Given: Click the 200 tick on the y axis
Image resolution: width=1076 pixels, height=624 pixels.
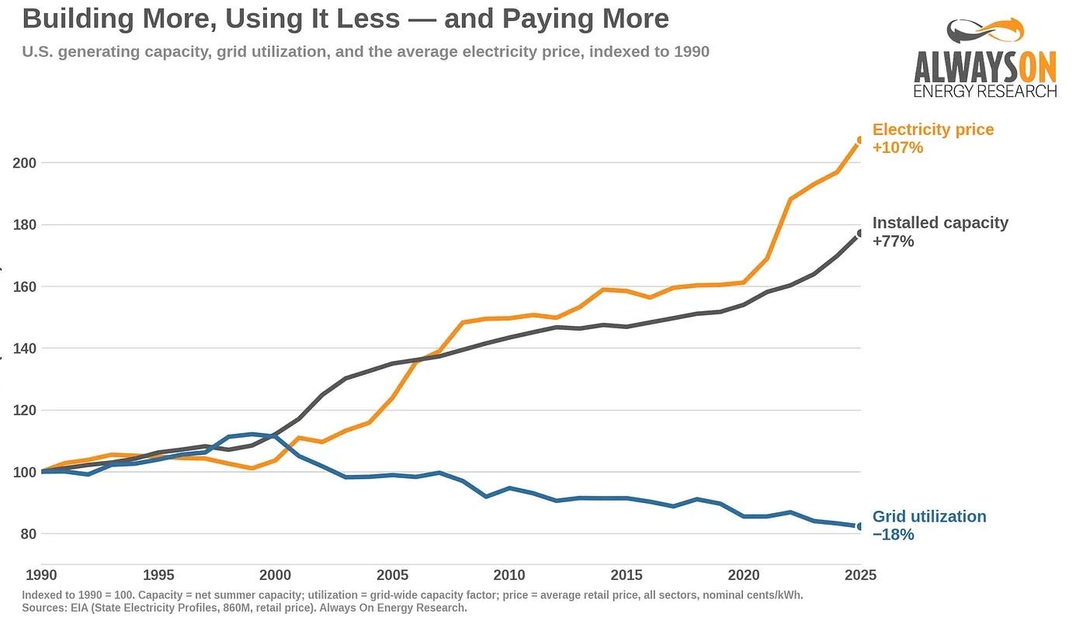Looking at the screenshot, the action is pos(25,163).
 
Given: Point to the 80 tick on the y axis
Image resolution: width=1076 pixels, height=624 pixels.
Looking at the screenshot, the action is pos(29,534).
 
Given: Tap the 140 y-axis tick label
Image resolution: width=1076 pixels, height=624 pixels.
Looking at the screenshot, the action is pos(25,348).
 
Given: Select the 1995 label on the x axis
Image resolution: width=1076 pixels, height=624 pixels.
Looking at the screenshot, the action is pos(158,574).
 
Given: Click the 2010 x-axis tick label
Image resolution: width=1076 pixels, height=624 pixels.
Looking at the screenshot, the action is pos(509,574).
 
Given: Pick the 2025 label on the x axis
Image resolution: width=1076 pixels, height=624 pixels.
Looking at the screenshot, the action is pos(860,574).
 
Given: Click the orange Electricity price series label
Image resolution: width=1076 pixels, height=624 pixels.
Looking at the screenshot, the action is pos(933,129).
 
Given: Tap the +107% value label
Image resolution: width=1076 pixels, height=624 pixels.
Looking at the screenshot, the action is pos(897,147).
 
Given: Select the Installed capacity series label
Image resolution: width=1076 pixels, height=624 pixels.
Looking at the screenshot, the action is pos(940,223).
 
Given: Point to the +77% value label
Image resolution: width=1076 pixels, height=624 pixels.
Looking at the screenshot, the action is pos(893,241).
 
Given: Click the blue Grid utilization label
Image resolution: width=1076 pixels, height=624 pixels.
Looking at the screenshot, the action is pos(929,516).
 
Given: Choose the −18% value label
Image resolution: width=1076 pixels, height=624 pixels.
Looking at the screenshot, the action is pos(893,535).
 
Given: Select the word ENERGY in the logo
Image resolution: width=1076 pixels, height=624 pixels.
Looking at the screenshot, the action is pos(942,91).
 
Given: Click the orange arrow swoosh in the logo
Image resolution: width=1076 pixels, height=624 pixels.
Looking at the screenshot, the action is pos(1002,29).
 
